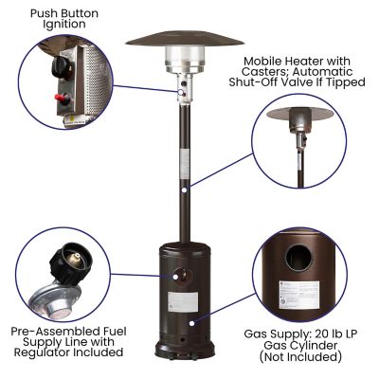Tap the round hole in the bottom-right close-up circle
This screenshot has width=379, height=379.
point(304,255)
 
